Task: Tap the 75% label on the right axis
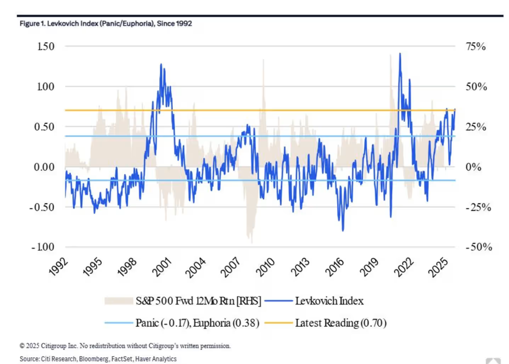pyautogui.click(x=475, y=46)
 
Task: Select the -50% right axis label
pyautogui.click(x=479, y=247)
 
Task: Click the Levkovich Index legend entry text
pyautogui.click(x=329, y=301)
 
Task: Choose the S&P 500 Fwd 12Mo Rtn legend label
pyautogui.click(x=199, y=301)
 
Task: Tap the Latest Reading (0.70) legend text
pyautogui.click(x=341, y=324)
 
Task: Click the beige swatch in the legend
pyautogui.click(x=118, y=301)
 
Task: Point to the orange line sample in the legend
pyautogui.click(x=278, y=324)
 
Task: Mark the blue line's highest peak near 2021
pyautogui.click(x=400, y=54)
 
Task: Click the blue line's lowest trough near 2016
pyautogui.click(x=343, y=230)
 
